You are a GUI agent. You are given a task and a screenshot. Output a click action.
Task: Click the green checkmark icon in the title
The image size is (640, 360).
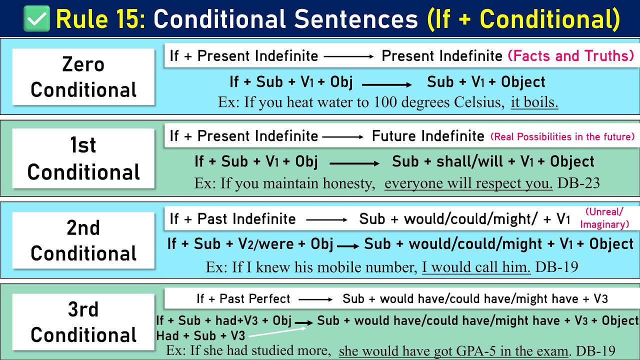coord(36,18)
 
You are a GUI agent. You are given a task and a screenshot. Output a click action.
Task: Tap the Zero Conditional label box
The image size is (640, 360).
coord(83,77)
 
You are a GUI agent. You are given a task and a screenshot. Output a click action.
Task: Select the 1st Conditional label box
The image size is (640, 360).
coord(83,158)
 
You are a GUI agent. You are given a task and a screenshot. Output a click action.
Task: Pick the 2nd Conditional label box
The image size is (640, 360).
coord(83,240)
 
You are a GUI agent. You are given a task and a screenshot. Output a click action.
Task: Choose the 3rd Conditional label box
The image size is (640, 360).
coord(83,322)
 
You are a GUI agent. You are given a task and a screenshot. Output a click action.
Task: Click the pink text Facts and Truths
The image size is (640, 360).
coord(571,56)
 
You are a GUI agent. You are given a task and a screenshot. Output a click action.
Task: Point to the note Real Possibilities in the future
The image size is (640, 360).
coord(562,136)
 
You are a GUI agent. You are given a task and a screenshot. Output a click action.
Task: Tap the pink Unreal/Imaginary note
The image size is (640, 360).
coord(604,218)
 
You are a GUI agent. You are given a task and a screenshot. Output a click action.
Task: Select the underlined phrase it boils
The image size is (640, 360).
coord(534,102)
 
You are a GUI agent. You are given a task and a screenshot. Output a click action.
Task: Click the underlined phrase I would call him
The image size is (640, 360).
coord(476,267)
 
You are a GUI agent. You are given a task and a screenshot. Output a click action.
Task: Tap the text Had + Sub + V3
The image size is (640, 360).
coord(200,335)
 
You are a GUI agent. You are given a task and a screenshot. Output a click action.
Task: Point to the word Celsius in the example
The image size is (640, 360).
coord(478,102)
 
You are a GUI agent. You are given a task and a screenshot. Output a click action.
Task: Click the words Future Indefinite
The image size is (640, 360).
coord(428,136)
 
